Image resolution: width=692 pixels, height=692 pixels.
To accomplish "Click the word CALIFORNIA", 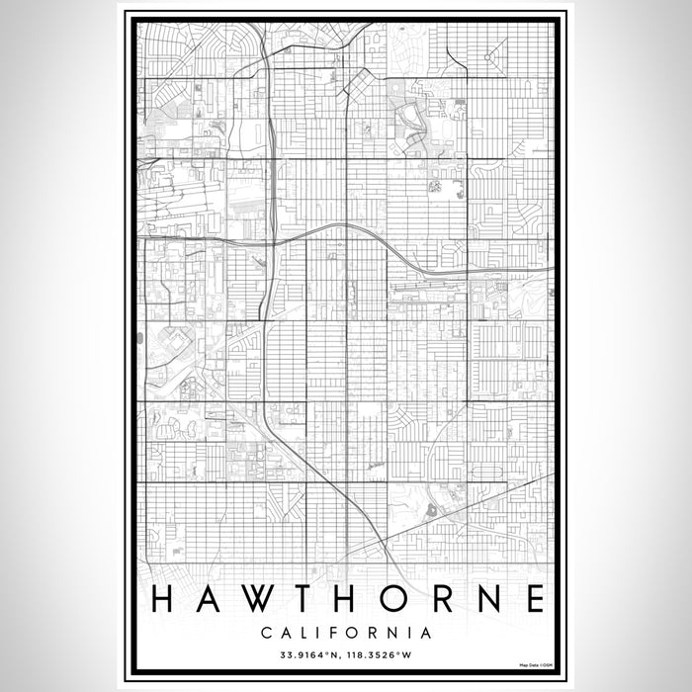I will click(345, 632).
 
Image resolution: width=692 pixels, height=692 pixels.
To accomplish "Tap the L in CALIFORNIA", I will click(301, 632).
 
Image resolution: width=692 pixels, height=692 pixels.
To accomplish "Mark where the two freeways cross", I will click(270, 240).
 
